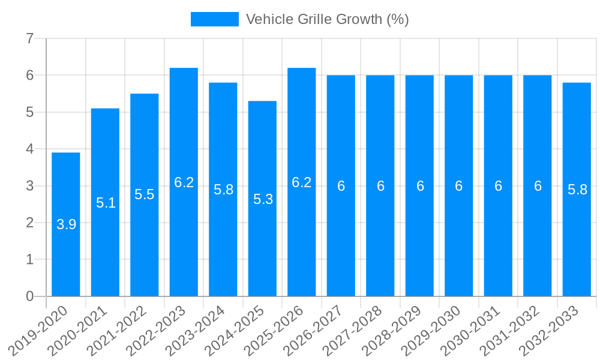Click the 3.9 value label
(x=66, y=224)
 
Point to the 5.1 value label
(x=106, y=203)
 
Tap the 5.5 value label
(x=145, y=194)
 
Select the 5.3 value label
(x=263, y=199)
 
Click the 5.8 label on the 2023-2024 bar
(x=223, y=190)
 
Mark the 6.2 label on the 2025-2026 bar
(x=302, y=182)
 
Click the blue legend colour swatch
(x=214, y=19)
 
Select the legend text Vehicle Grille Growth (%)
(x=327, y=19)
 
